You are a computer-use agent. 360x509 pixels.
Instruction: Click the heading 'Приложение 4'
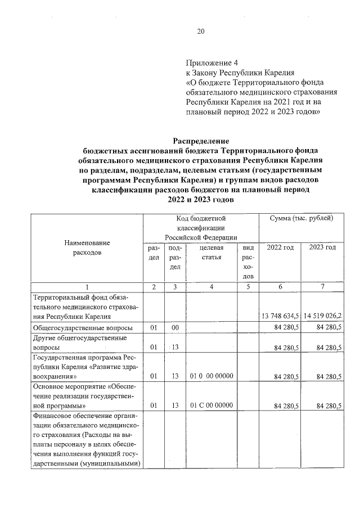pyautogui.click(x=209, y=63)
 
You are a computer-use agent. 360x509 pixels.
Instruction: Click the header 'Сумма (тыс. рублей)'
pyautogui.click(x=301, y=218)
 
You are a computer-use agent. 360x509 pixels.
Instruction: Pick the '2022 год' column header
pyautogui.click(x=280, y=248)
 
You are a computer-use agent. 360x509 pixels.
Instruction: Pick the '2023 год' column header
pyautogui.click(x=322, y=248)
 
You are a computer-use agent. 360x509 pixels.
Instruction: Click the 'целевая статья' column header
pyautogui.click(x=211, y=253)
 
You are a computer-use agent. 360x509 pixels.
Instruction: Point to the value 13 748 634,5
pyautogui.click(x=280, y=316)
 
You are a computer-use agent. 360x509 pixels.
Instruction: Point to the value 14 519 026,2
pyautogui.click(x=322, y=316)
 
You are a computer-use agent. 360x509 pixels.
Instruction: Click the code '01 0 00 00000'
pyautogui.click(x=211, y=376)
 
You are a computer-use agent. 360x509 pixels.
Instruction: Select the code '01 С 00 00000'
pyautogui.click(x=211, y=405)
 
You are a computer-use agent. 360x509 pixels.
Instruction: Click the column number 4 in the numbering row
pyautogui.click(x=211, y=287)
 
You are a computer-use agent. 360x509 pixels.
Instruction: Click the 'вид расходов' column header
pyautogui.click(x=247, y=262)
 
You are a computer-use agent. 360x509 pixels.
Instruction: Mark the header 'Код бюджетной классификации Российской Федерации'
pyautogui.click(x=201, y=228)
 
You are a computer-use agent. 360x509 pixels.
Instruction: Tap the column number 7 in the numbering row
pyautogui.click(x=322, y=287)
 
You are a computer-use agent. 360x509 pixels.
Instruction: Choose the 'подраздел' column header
pyautogui.click(x=175, y=257)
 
